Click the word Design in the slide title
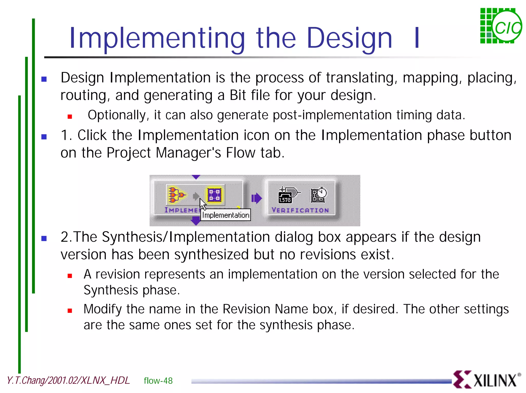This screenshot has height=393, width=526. point(349,38)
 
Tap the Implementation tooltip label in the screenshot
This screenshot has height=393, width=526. point(226,215)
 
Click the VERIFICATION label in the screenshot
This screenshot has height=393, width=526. point(300,210)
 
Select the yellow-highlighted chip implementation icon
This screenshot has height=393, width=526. point(214,195)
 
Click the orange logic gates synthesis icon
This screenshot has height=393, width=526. point(176,195)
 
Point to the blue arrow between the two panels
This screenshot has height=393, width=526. point(256,198)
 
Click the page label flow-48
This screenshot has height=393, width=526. point(158,381)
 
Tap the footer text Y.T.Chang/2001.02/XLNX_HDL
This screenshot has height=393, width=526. point(68,380)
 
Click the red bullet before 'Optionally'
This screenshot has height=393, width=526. point(70,117)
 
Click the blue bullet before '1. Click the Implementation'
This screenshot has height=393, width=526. point(44,137)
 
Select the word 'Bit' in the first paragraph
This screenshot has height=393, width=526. point(238,95)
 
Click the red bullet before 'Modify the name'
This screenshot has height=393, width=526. point(70,311)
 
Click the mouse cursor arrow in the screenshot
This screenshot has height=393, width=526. point(203,204)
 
